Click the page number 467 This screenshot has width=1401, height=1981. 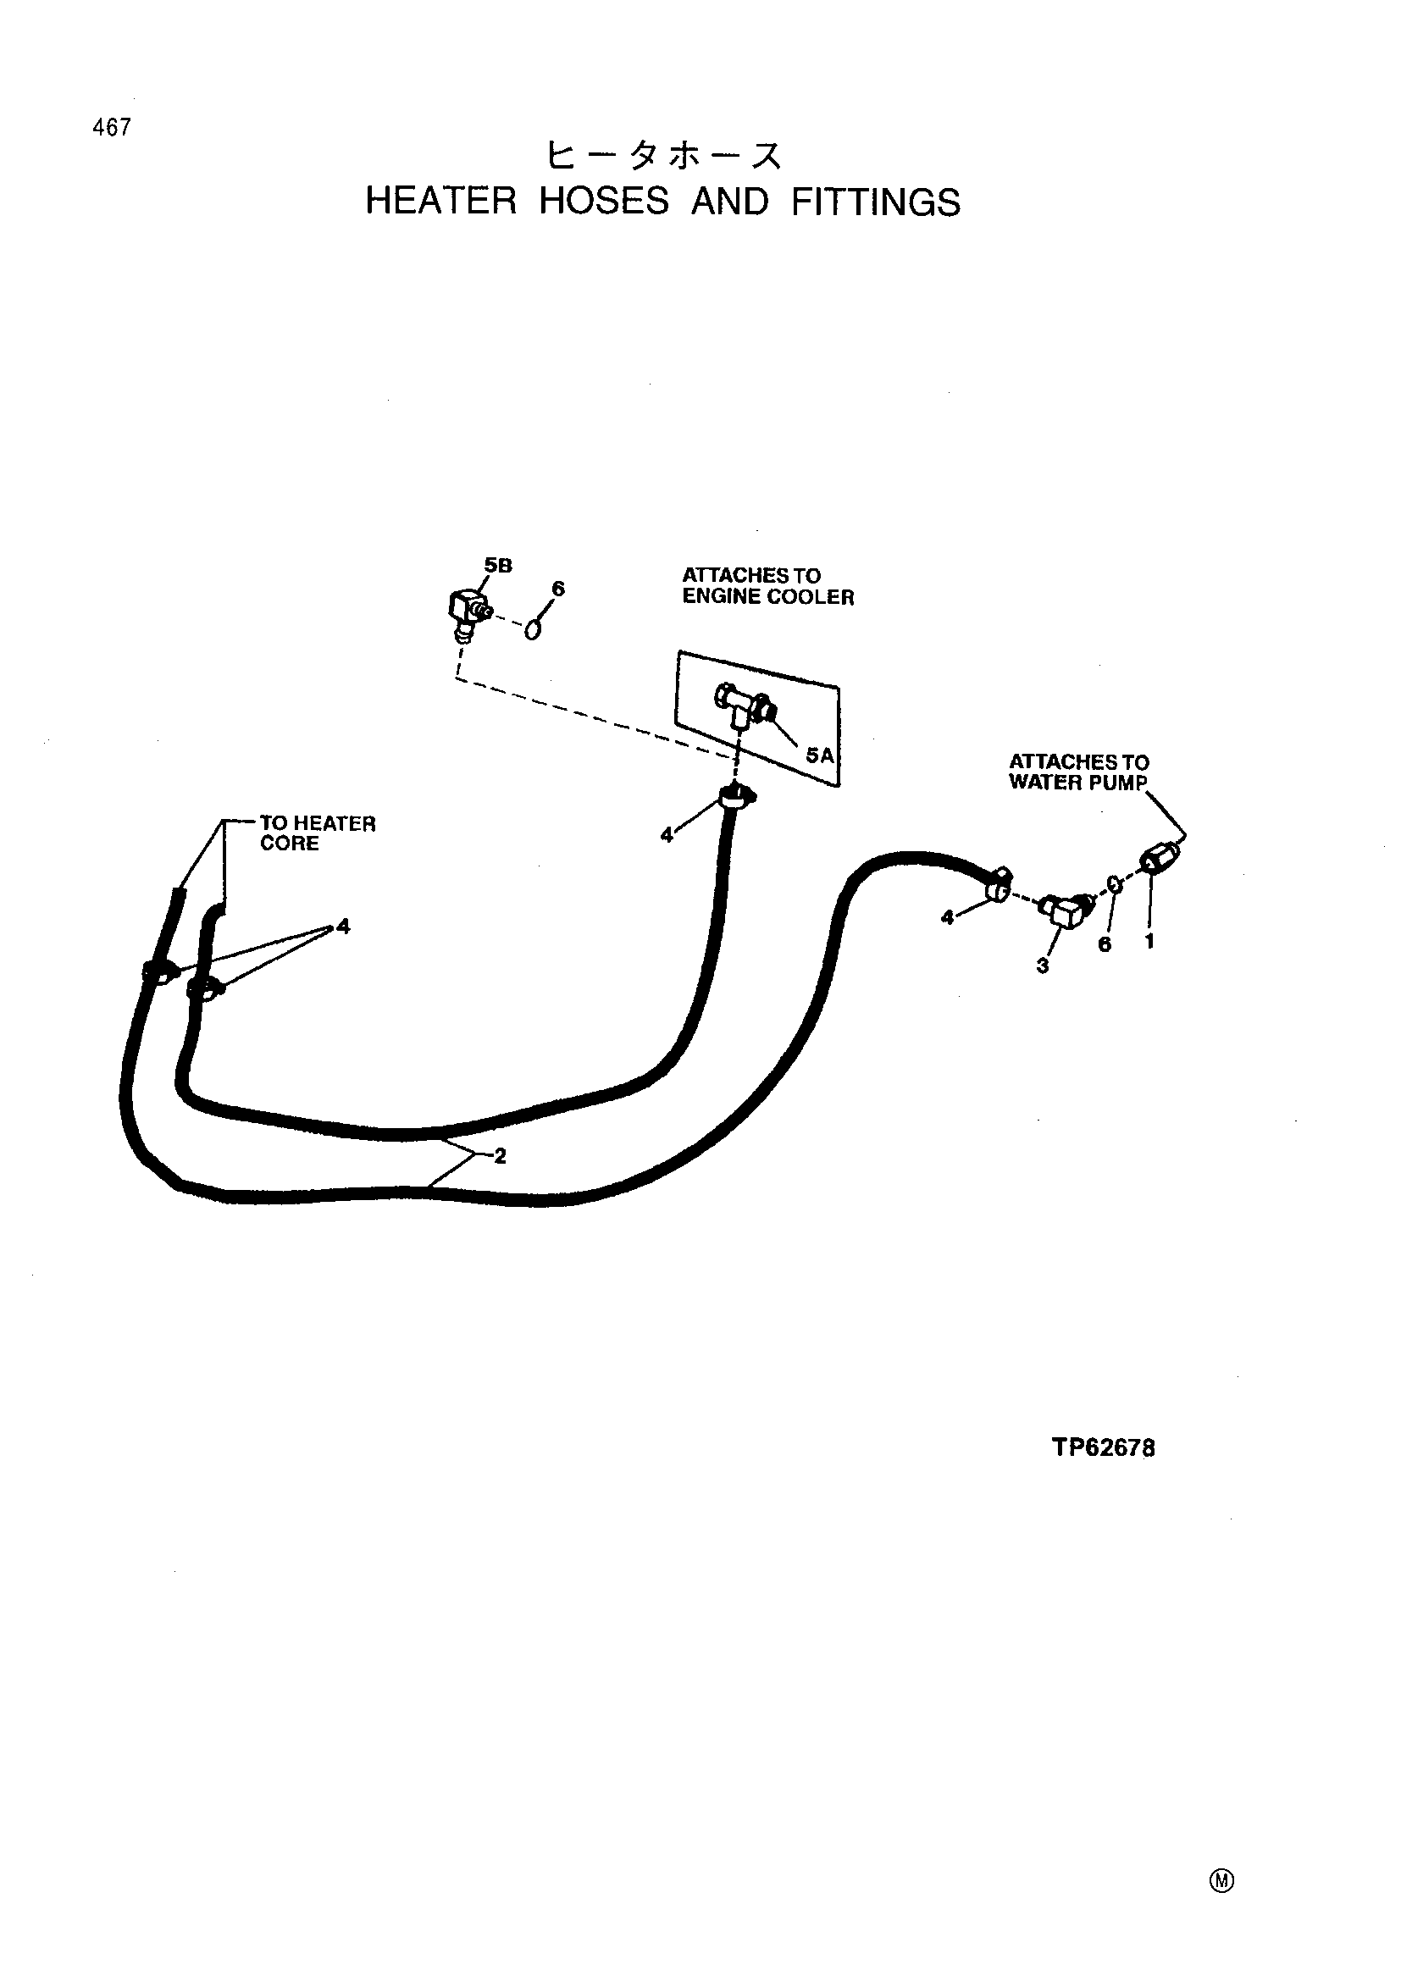112,128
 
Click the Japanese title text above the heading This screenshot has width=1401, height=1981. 664,156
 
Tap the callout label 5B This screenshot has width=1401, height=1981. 499,566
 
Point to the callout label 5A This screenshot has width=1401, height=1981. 820,755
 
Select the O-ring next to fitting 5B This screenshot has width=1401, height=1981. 534,630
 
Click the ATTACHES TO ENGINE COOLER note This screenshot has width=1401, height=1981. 767,586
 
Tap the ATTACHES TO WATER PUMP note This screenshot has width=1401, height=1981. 1078,772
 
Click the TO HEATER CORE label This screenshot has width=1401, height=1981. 318,833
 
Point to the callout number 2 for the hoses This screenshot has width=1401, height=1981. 500,1157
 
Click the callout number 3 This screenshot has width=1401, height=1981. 1042,966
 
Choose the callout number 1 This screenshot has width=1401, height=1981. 1149,941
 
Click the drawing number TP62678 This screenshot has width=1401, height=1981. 1104,1447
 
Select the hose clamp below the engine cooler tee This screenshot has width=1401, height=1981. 736,796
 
